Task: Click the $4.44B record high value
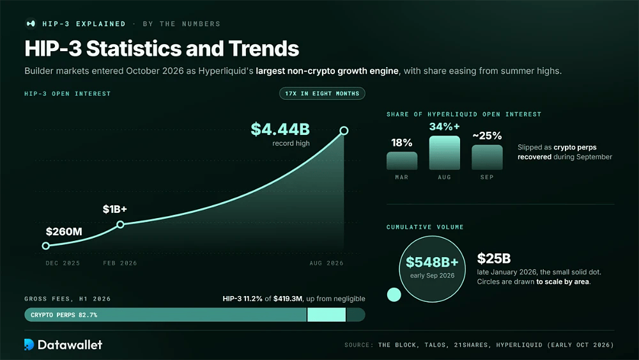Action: click(x=280, y=129)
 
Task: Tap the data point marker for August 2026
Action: click(x=344, y=130)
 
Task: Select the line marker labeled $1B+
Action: click(x=120, y=224)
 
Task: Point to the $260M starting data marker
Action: click(x=46, y=246)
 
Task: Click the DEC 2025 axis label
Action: click(x=63, y=263)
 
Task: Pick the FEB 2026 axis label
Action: click(x=120, y=263)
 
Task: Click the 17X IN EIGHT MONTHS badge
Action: click(x=322, y=93)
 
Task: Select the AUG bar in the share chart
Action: click(x=445, y=153)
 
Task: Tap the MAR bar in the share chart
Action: click(x=402, y=160)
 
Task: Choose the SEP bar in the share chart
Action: click(x=487, y=157)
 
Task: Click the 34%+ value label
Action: click(x=444, y=127)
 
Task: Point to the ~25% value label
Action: click(x=487, y=136)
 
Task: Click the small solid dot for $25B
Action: click(x=394, y=294)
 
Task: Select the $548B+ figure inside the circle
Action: click(x=432, y=262)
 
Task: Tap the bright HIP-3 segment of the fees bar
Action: click(x=327, y=315)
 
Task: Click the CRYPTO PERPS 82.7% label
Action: click(x=64, y=315)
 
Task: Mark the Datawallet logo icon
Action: click(x=29, y=345)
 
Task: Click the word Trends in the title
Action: click(x=264, y=49)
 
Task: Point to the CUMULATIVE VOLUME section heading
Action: click(x=425, y=227)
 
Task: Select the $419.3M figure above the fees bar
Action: click(x=288, y=299)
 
